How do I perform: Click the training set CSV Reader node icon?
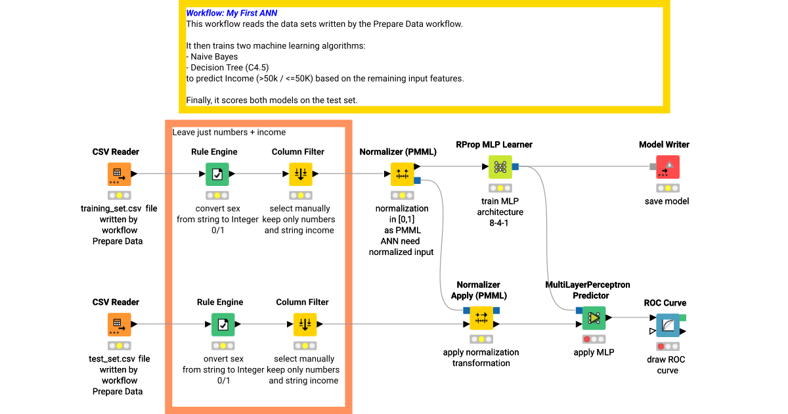click(x=120, y=174)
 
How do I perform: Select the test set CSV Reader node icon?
click(x=120, y=325)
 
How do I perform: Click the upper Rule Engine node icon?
click(x=217, y=174)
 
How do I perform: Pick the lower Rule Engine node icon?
click(x=223, y=325)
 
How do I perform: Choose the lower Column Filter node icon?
click(x=305, y=325)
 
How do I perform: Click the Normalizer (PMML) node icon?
click(x=402, y=174)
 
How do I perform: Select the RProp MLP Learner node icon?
click(x=500, y=167)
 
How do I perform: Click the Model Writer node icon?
click(x=668, y=167)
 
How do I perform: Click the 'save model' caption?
click(x=667, y=201)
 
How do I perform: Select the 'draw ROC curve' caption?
click(x=667, y=365)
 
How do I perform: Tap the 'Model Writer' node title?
click(x=664, y=145)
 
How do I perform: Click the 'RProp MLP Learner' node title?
click(x=494, y=145)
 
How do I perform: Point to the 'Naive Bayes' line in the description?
click(x=214, y=57)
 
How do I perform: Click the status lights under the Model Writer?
click(x=668, y=188)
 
